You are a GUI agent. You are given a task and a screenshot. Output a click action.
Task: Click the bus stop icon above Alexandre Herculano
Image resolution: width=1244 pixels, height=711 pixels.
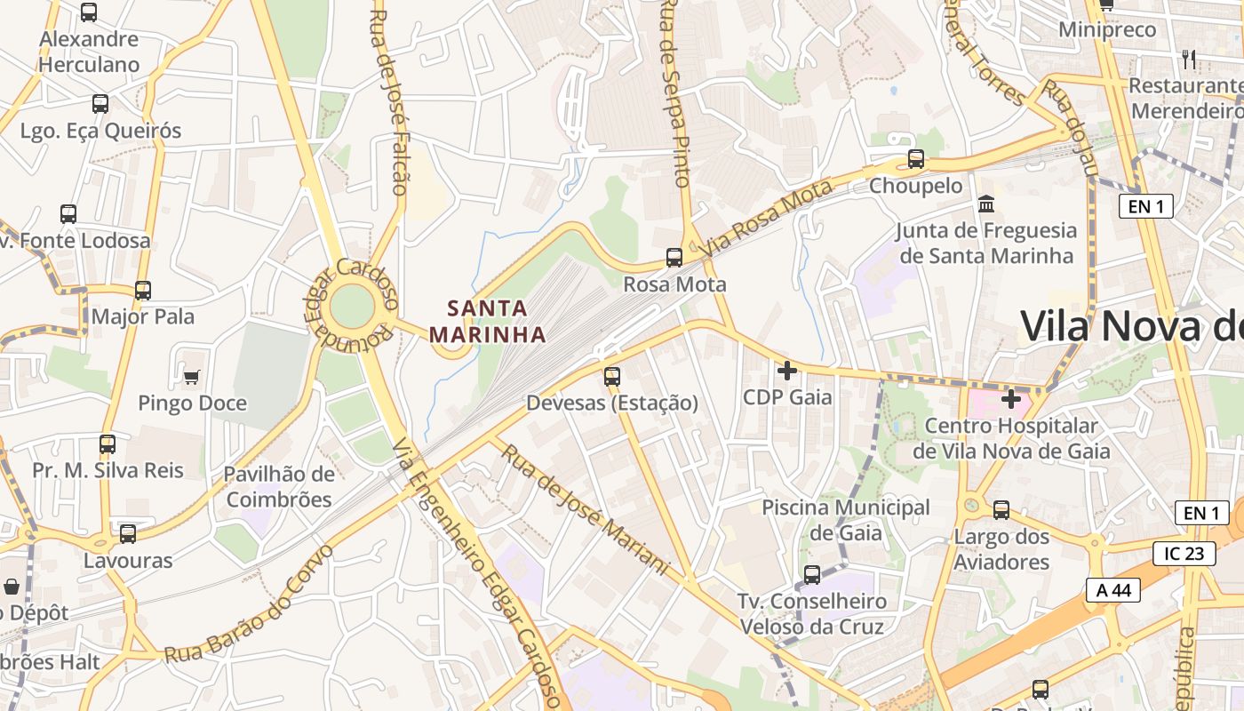89,12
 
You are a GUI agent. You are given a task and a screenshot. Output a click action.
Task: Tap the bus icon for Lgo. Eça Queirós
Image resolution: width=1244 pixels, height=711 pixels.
100,104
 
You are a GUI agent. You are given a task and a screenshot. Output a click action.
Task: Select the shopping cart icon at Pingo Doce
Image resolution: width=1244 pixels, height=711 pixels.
191,377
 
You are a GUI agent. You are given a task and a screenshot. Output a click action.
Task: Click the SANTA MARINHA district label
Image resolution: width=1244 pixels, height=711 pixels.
487,321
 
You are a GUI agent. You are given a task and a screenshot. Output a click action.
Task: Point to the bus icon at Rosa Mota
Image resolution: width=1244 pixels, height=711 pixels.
674,258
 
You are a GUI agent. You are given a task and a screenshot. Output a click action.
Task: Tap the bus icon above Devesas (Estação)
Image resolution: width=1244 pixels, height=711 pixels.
612,376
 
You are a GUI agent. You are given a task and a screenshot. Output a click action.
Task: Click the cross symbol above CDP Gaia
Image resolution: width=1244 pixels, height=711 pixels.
787,370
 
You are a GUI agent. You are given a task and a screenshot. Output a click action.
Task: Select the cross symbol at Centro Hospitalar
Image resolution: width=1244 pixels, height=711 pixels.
1010,399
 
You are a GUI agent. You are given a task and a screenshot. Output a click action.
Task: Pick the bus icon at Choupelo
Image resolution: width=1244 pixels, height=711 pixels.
915,159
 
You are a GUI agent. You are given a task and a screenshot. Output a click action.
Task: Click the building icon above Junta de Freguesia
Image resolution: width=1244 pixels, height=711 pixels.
986,204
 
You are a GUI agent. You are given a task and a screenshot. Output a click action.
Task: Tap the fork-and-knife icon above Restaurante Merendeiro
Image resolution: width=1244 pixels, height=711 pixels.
1189,60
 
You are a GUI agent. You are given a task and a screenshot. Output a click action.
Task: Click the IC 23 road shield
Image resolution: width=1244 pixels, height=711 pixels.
1184,554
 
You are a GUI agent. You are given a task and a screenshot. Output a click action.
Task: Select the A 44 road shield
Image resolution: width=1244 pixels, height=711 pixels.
1112,590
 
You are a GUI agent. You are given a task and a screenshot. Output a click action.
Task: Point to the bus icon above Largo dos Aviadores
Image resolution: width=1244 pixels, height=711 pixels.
1001,510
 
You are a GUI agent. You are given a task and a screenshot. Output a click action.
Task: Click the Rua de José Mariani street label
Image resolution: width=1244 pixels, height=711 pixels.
583,508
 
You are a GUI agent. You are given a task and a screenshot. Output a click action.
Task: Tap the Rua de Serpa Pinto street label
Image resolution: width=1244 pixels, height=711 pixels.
674,93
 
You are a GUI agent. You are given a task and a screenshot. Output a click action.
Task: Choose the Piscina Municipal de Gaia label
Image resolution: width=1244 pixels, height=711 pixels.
846,520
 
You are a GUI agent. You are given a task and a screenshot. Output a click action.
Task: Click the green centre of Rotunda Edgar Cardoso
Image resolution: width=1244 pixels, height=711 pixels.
353,306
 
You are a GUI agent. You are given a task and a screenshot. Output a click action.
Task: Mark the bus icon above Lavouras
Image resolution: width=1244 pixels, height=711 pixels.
128,533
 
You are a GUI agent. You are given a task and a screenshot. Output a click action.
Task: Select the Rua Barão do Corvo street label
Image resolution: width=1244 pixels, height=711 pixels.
248,603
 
